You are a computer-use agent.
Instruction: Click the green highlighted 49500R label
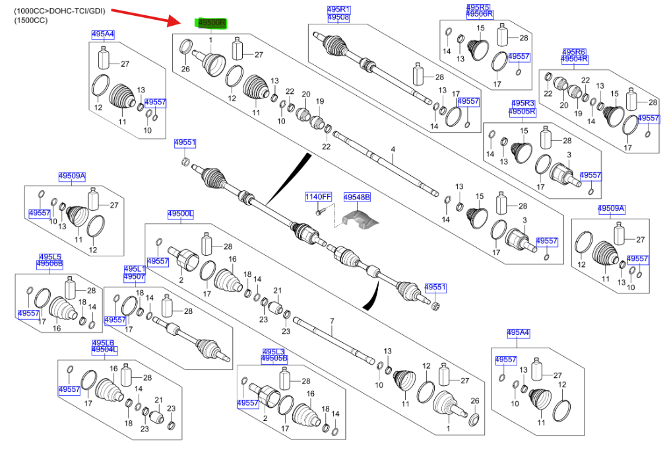pos(210,23)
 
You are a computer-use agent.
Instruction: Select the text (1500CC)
pos(31,21)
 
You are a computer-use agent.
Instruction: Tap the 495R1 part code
pos(338,9)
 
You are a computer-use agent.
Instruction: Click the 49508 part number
pos(338,18)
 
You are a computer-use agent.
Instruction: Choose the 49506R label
pos(480,14)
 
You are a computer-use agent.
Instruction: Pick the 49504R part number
pos(575,59)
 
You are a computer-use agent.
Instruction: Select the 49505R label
pos(523,112)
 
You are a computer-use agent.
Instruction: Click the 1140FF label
pos(318,197)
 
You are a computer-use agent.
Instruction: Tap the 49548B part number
pos(357,197)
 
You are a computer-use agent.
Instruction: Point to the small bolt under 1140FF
pos(319,211)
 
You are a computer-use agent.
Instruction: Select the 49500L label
pos(179,214)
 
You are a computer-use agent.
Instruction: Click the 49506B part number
pos(49,264)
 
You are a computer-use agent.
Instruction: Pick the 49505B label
pos(274,358)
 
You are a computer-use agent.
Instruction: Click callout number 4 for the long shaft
pos(393,150)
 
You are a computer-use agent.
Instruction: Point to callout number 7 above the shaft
pos(332,322)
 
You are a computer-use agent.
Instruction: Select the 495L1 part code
pos(135,269)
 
